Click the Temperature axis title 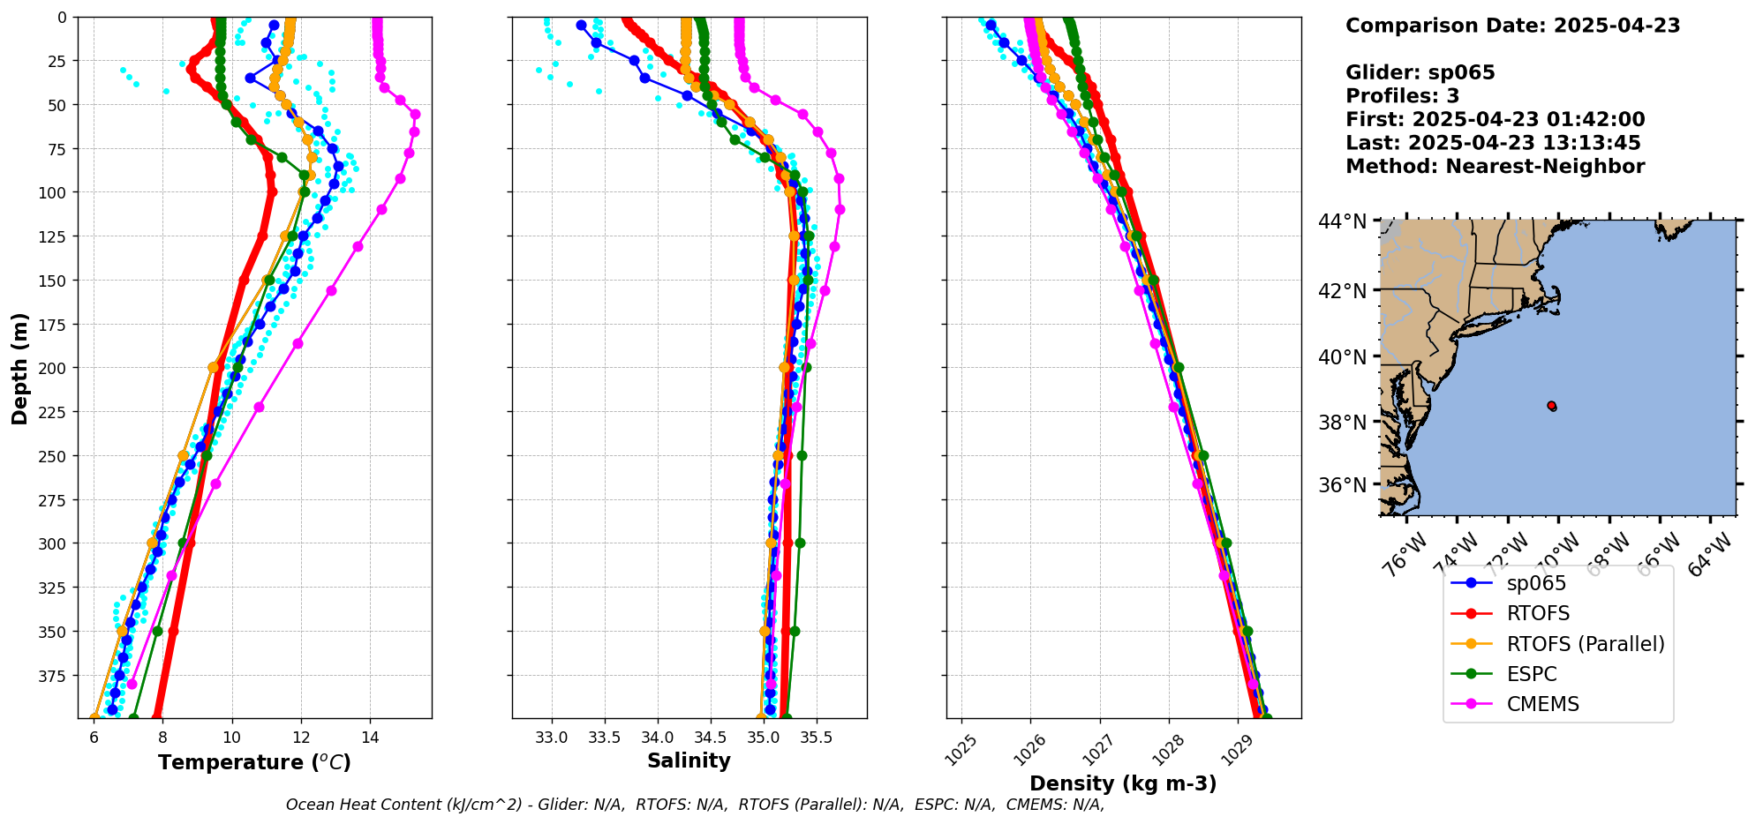(254, 762)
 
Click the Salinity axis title (689, 760)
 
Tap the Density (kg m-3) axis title (1123, 783)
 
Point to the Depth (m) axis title (20, 368)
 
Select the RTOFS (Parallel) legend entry (1585, 644)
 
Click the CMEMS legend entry (1542, 704)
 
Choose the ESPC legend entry (1532, 674)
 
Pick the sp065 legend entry (1536, 583)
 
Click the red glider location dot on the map (1551, 406)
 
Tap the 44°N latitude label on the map (1342, 221)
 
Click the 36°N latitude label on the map (1342, 485)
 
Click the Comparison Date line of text (1512, 26)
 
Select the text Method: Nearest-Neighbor (1495, 167)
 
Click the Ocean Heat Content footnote (695, 805)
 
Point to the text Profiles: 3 (1402, 96)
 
